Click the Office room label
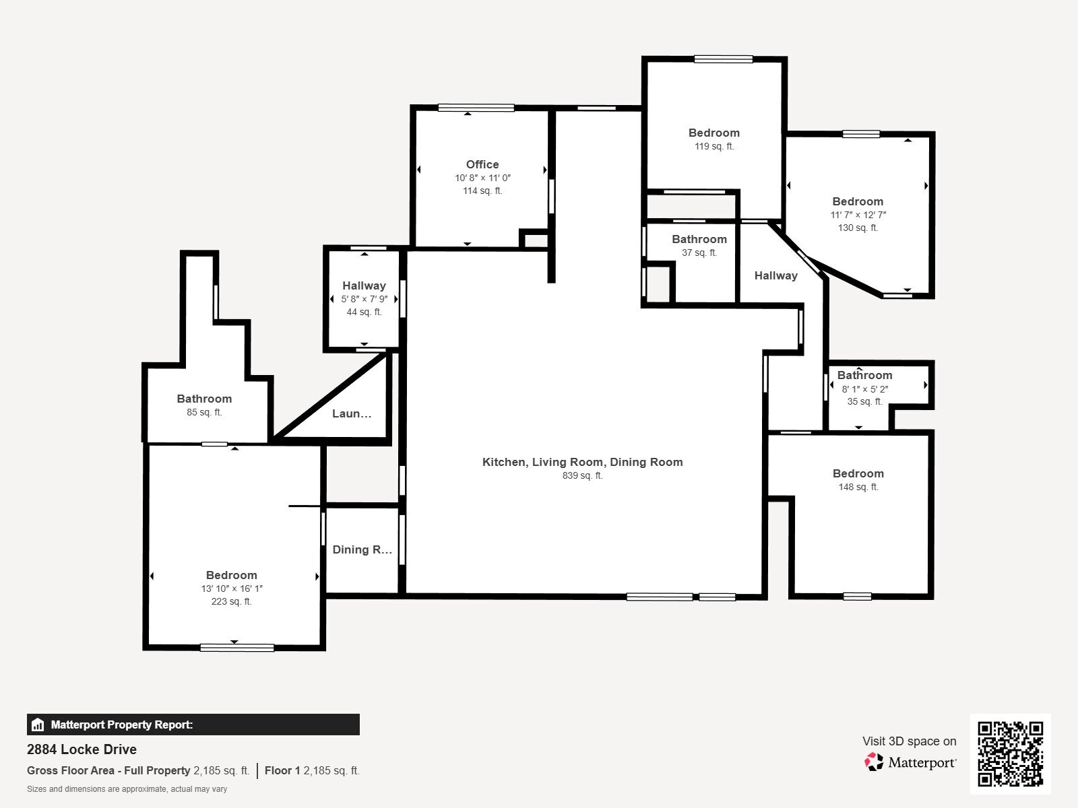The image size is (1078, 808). pyautogui.click(x=482, y=164)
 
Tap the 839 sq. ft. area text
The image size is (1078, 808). pyautogui.click(x=582, y=475)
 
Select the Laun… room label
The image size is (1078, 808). pyautogui.click(x=352, y=413)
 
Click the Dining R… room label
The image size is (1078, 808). pyautogui.click(x=362, y=549)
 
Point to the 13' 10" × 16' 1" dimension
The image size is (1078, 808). pyautogui.click(x=232, y=588)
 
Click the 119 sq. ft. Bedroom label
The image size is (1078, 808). pyautogui.click(x=714, y=133)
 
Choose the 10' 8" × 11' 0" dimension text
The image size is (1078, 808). pyautogui.click(x=482, y=178)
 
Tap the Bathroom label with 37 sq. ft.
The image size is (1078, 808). pyautogui.click(x=699, y=239)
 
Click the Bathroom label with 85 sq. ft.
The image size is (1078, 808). pyautogui.click(x=204, y=399)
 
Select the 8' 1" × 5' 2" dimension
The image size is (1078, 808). pyautogui.click(x=865, y=389)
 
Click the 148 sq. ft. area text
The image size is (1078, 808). pyautogui.click(x=858, y=487)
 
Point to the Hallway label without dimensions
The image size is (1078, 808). pyautogui.click(x=775, y=275)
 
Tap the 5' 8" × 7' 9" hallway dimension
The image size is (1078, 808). pyautogui.click(x=364, y=299)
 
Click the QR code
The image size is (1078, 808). pyautogui.click(x=1010, y=753)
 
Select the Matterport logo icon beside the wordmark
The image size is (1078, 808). pyautogui.click(x=874, y=762)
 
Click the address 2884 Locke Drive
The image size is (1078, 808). pyautogui.click(x=82, y=749)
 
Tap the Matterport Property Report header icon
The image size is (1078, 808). pyautogui.click(x=38, y=725)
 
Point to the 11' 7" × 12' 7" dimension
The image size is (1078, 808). pyautogui.click(x=858, y=215)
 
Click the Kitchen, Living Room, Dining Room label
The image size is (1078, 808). pyautogui.click(x=582, y=462)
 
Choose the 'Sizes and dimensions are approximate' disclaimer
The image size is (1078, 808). pyautogui.click(x=127, y=789)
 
